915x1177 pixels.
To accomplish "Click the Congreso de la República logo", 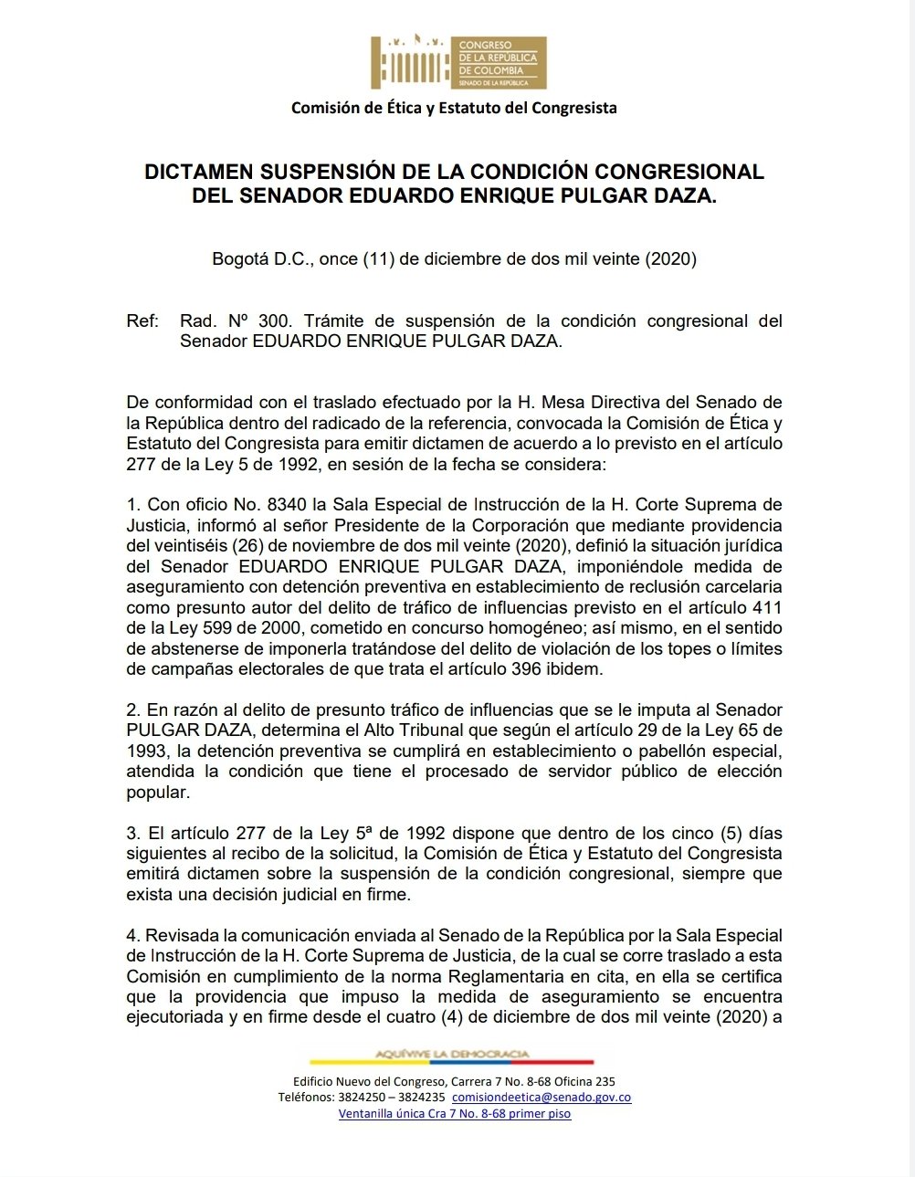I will pos(457,62).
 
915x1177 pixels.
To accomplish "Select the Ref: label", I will pos(142,321).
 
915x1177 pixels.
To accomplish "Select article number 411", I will pos(765,607).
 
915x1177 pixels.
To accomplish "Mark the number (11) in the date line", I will pos(378,258).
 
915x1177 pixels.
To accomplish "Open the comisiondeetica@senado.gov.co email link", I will pos(541,1098).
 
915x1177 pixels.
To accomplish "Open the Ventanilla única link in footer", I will pos(454,1113).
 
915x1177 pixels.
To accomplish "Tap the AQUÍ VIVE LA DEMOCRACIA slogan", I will pos(452,1055).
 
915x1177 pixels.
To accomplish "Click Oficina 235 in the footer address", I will pos(584,1082).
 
